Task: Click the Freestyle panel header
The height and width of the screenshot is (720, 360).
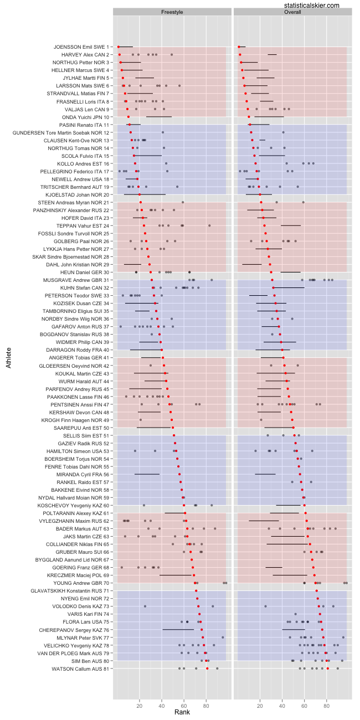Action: point(172,12)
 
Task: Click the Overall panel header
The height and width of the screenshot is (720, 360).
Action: point(292,12)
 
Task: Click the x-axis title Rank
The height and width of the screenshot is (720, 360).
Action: point(182,712)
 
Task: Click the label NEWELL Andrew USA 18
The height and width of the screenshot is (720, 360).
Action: point(81,179)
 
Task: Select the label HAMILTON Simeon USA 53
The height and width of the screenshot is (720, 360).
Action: point(78,451)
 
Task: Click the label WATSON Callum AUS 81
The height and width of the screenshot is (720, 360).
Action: point(81,668)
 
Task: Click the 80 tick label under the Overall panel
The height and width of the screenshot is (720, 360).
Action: point(327,702)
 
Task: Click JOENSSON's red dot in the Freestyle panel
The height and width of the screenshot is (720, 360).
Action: point(118,47)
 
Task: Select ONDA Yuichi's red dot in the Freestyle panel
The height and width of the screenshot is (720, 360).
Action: point(128,117)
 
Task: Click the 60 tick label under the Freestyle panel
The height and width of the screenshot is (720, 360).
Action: point(184,702)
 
